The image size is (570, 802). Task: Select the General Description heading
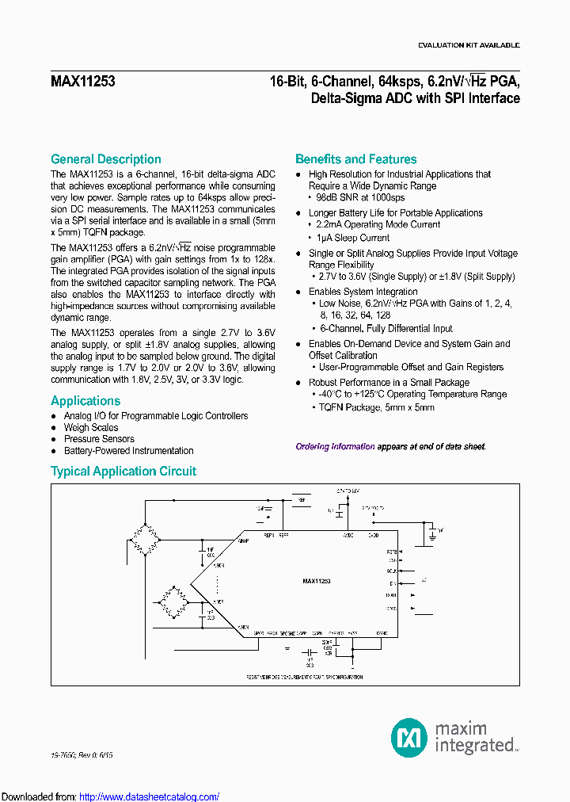tap(106, 159)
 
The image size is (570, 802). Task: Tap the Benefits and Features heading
tap(355, 159)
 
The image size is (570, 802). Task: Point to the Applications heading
tap(85, 401)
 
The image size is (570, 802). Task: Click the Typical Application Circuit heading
tap(123, 471)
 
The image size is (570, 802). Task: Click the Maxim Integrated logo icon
tap(409, 737)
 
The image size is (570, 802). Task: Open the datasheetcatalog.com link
tap(150, 796)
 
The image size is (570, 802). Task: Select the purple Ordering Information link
tap(335, 447)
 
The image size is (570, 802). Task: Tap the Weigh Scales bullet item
tap(91, 427)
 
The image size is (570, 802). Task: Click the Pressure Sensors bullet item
tap(99, 439)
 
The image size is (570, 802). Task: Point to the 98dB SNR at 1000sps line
tap(361, 197)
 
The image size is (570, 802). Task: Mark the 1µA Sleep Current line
tap(353, 237)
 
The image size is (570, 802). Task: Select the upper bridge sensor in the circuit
tap(144, 539)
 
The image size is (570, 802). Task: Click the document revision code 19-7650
tap(67, 756)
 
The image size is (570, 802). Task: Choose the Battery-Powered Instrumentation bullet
tap(128, 451)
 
